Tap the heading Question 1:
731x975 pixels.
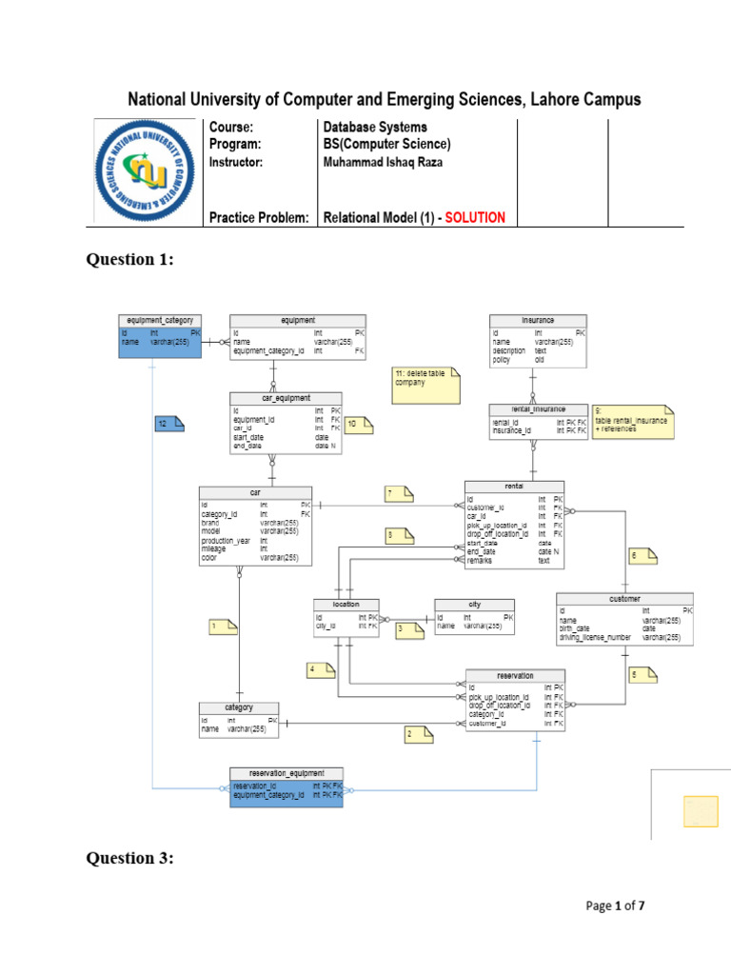[x=130, y=260]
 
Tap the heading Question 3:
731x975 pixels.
[x=130, y=859]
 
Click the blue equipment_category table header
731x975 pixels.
[x=160, y=321]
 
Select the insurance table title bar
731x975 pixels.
[x=538, y=321]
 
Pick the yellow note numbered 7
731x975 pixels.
[x=400, y=492]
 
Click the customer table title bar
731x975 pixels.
[x=624, y=599]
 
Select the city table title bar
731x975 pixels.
[x=474, y=605]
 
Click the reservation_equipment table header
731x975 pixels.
[x=286, y=773]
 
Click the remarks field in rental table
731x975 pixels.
[x=482, y=561]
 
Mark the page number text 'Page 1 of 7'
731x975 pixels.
[x=615, y=906]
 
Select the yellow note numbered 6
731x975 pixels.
[x=643, y=555]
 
